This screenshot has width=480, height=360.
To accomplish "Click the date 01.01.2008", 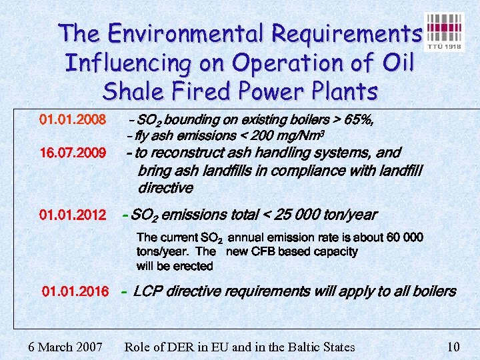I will click(73, 120).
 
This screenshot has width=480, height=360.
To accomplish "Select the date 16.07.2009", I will click(73, 154).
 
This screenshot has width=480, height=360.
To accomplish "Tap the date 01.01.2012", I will click(73, 215).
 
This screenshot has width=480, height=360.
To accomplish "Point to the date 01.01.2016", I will click(75, 291).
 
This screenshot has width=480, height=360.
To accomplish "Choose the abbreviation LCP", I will click(147, 291).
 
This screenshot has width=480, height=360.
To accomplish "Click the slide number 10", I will click(453, 347).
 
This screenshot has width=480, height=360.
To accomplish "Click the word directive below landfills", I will click(165, 188).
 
